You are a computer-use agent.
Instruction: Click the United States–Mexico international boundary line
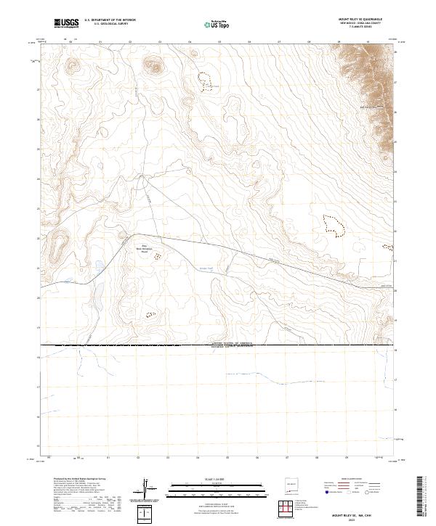(218, 346)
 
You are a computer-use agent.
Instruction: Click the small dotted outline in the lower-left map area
(151, 315)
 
